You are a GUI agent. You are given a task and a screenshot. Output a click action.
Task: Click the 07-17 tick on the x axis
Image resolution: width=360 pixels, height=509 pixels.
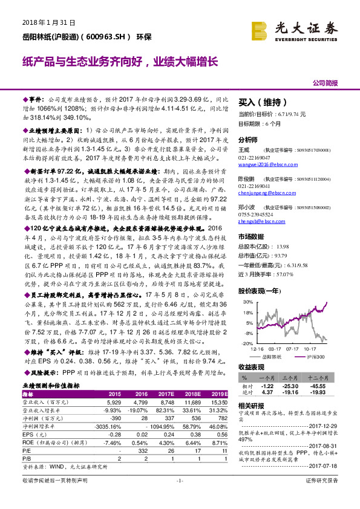tap(294, 349)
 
